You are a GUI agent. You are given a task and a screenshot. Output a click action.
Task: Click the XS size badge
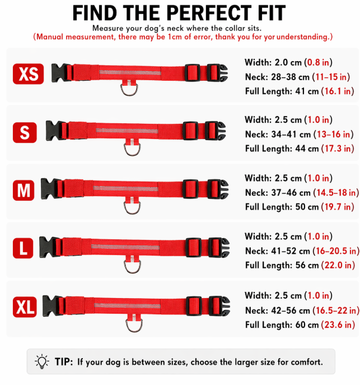click(x=28, y=73)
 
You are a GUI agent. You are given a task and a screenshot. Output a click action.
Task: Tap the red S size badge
click(x=25, y=132)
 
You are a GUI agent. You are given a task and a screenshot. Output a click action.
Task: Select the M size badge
click(x=24, y=191)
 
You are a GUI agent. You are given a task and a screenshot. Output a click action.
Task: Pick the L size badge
click(x=23, y=248)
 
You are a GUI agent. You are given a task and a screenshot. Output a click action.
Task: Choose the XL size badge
click(x=25, y=307)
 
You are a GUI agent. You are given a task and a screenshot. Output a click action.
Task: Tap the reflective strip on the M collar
click(x=125, y=188)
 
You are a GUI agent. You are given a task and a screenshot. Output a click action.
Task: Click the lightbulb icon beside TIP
click(x=42, y=361)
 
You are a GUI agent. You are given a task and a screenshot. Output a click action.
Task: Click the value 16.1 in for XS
click(x=338, y=91)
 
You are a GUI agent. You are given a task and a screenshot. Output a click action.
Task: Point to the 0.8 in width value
click(x=318, y=62)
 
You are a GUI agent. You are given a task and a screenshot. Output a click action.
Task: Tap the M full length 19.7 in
click(x=338, y=207)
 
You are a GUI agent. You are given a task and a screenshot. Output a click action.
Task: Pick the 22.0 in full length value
click(x=338, y=265)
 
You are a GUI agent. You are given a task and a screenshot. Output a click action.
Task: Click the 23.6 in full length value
click(x=338, y=325)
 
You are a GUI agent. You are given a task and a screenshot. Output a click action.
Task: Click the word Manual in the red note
click(x=50, y=37)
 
